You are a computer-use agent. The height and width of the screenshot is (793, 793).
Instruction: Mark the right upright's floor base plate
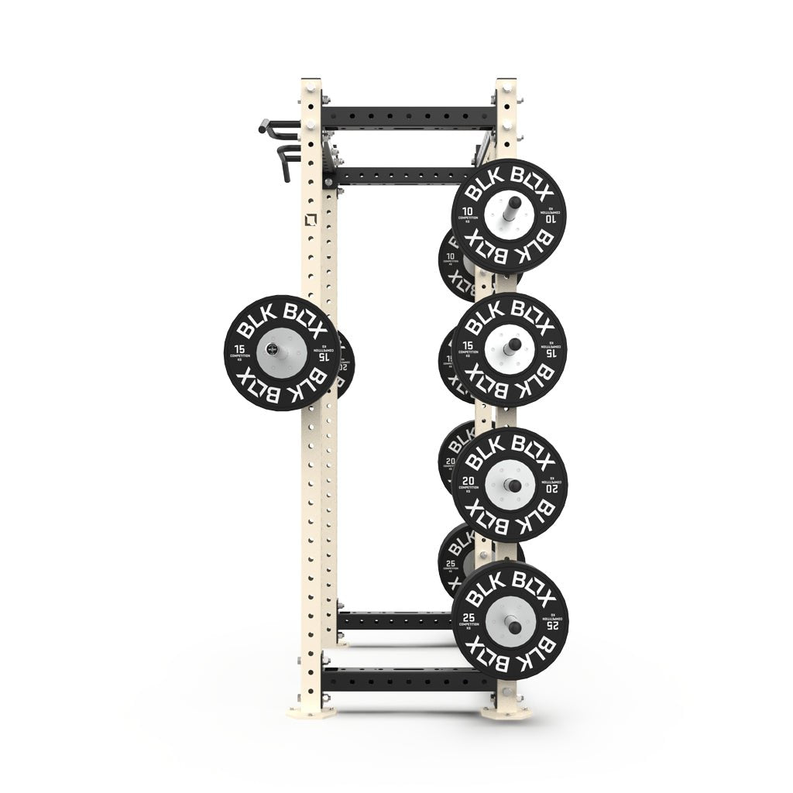click(x=503, y=709)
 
